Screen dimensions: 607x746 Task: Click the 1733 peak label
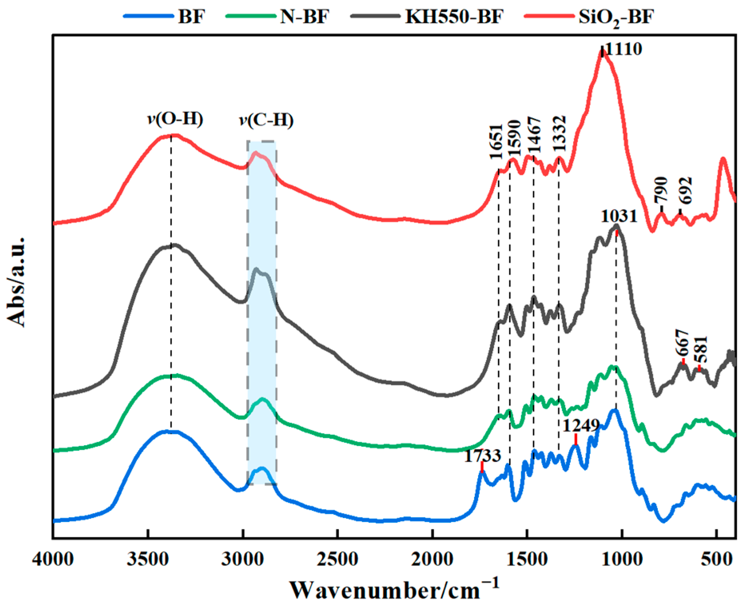(482, 456)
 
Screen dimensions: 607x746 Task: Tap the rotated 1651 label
(496, 141)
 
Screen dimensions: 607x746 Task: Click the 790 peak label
(661, 190)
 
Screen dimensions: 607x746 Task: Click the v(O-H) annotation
(175, 119)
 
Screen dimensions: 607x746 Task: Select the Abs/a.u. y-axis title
(17, 282)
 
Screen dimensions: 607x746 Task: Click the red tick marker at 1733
(482, 467)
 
